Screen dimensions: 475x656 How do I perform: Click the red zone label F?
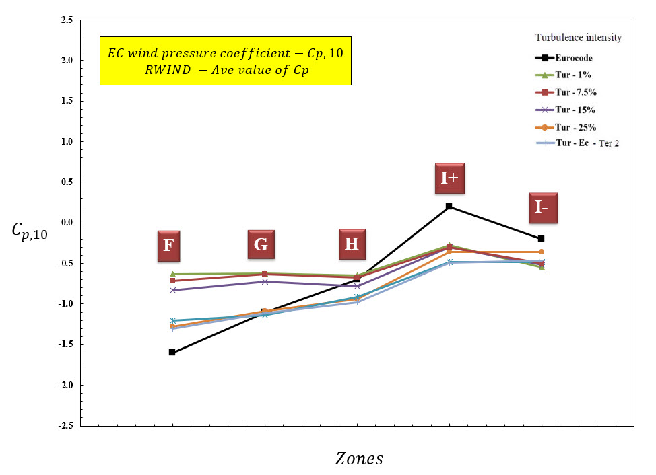(x=167, y=246)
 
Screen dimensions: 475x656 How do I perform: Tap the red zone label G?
(x=261, y=244)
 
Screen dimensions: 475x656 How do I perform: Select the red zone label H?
(x=352, y=243)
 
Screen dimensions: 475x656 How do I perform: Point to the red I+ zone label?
(x=449, y=178)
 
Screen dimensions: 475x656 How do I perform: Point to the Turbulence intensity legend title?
(x=578, y=38)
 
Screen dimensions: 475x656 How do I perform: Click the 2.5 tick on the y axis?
(x=67, y=20)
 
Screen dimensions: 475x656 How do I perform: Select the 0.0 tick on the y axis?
(x=67, y=223)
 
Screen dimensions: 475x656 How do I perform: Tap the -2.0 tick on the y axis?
(x=66, y=385)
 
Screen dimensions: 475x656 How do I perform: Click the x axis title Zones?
(x=359, y=459)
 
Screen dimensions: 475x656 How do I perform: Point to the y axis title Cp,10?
(x=30, y=231)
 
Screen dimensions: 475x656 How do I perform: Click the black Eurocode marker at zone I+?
(x=449, y=207)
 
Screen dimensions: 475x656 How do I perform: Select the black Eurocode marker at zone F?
(x=172, y=352)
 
